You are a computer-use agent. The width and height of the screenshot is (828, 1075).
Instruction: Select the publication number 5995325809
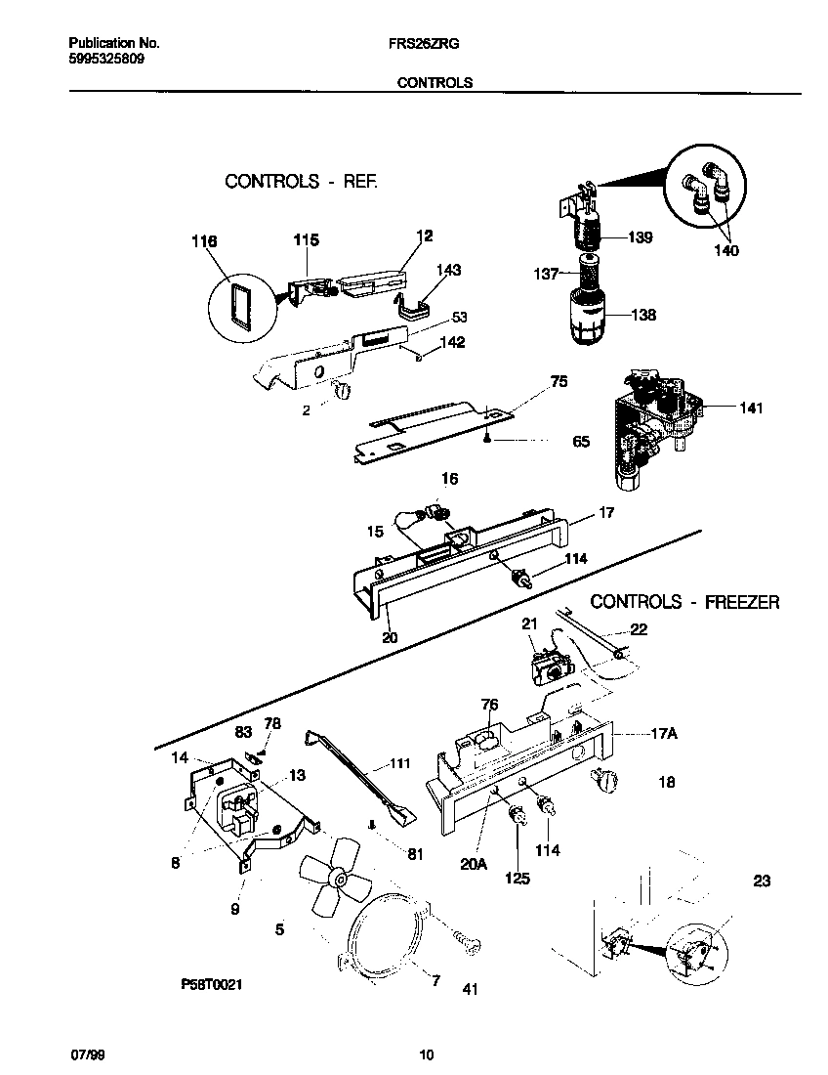[x=108, y=59]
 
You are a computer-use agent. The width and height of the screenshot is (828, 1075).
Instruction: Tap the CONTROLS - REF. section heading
[x=300, y=181]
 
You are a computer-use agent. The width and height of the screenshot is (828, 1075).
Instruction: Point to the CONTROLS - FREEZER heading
[x=684, y=602]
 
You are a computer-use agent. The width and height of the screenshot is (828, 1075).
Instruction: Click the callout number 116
[x=204, y=241]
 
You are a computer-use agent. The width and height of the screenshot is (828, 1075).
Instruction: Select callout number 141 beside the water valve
[x=750, y=408]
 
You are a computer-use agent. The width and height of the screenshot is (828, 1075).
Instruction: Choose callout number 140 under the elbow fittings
[x=725, y=250]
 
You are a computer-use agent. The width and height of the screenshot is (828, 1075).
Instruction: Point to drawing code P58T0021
[x=210, y=986]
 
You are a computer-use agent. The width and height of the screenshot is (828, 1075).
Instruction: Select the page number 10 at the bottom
[x=426, y=1055]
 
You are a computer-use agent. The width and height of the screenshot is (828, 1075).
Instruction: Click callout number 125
[x=517, y=879]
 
